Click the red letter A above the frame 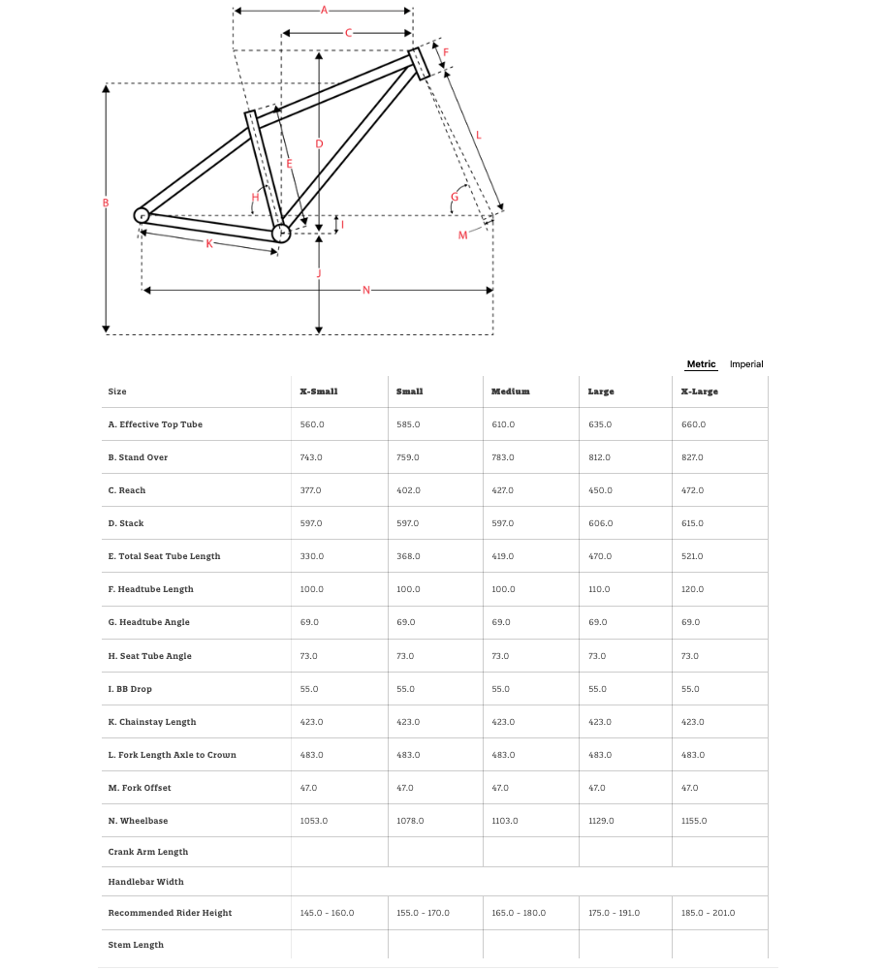[x=324, y=11]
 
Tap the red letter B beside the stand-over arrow [x=106, y=203]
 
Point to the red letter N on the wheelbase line [x=365, y=290]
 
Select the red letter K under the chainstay [x=208, y=243]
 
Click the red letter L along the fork [x=478, y=135]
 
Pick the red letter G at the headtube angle [x=454, y=198]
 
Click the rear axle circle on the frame [x=142, y=215]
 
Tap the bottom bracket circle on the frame [x=281, y=233]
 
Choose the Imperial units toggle [x=746, y=364]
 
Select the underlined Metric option [x=701, y=364]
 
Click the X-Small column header [x=319, y=392]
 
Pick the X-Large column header [x=700, y=392]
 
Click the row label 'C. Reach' [x=127, y=490]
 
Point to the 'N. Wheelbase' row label [x=138, y=821]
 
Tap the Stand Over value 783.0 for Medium [x=504, y=457]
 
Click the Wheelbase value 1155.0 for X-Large [x=694, y=821]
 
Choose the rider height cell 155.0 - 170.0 [x=423, y=913]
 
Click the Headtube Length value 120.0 [x=692, y=589]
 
